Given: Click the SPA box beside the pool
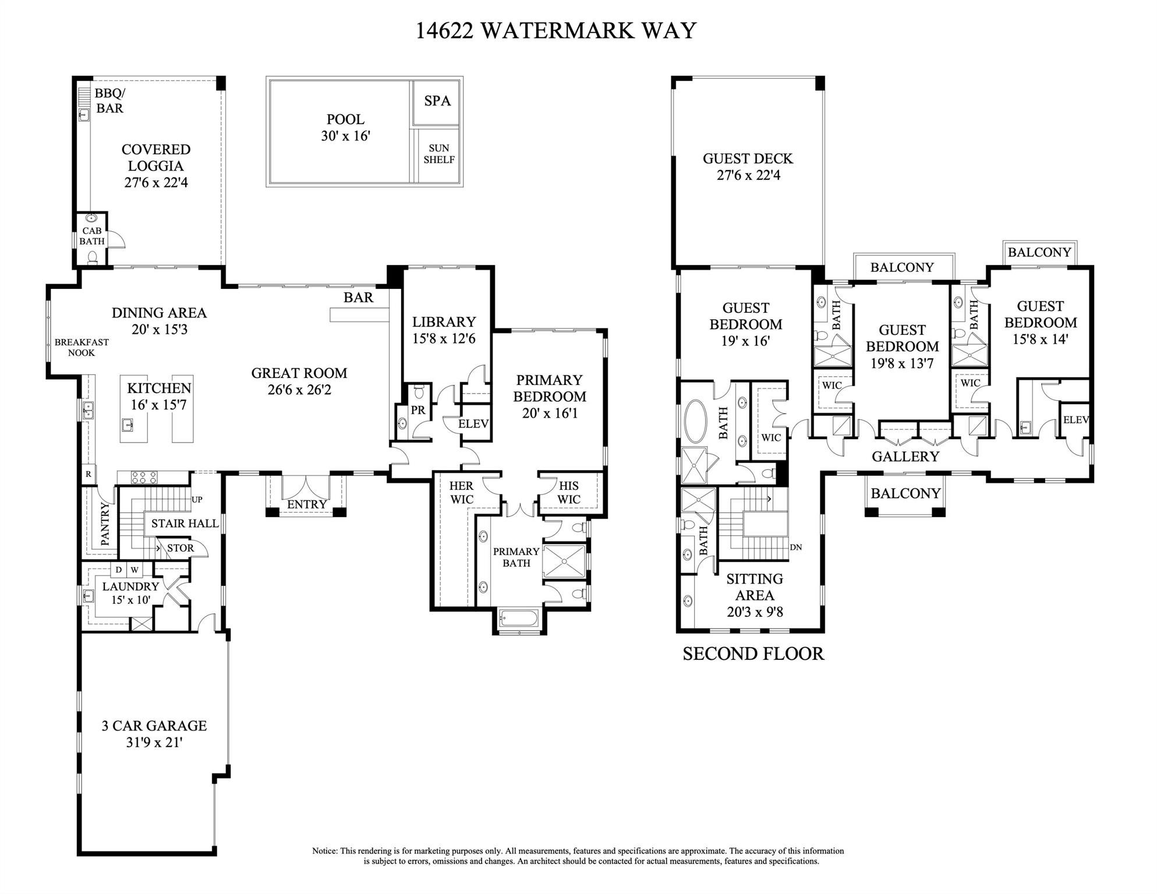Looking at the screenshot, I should pyautogui.click(x=437, y=101).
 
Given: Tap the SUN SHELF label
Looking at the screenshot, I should pyautogui.click(x=438, y=154).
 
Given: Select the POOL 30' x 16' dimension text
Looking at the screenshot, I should pyautogui.click(x=345, y=136).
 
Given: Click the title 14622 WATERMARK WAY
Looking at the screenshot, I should pyautogui.click(x=555, y=30).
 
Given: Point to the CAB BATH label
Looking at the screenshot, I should pyautogui.click(x=92, y=236).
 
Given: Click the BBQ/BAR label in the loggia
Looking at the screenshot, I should pyautogui.click(x=109, y=101).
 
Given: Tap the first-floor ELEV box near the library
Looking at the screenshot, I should pyautogui.click(x=473, y=424).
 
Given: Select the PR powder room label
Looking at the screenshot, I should pyautogui.click(x=417, y=410).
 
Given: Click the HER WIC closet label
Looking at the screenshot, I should pyautogui.click(x=461, y=492).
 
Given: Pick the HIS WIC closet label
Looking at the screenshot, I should pyautogui.click(x=568, y=492).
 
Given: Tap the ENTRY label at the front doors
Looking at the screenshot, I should pyautogui.click(x=307, y=504).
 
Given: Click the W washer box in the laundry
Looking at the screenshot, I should pyautogui.click(x=135, y=570).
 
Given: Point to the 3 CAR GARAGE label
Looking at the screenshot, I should pyautogui.click(x=154, y=726).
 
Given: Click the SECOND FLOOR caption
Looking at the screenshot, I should pyautogui.click(x=753, y=654).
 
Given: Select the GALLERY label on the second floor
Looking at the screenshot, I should pyautogui.click(x=905, y=457).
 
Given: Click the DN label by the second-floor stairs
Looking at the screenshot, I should pyautogui.click(x=795, y=547).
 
